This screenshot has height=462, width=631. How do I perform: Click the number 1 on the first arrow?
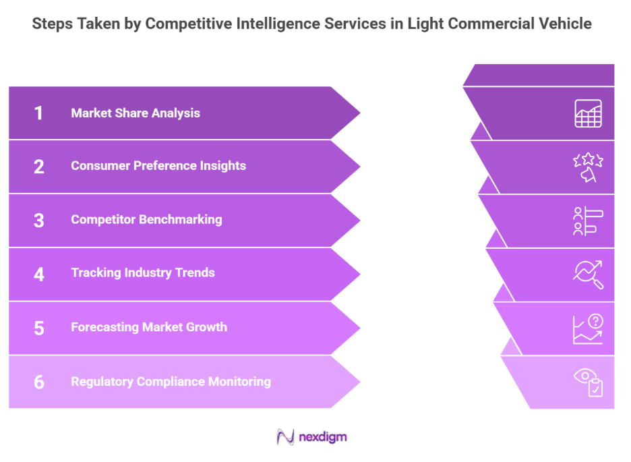[x=38, y=113]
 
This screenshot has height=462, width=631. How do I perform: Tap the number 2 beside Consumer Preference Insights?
[x=38, y=166]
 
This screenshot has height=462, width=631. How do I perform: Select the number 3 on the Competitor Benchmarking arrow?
[x=38, y=220]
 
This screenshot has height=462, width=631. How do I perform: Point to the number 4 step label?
[x=38, y=273]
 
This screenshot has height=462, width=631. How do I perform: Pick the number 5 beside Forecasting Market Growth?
[x=38, y=328]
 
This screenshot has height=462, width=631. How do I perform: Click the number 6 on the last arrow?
[x=38, y=382]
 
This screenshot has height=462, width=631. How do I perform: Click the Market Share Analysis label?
[x=136, y=113]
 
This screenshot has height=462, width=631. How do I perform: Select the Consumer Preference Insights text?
[x=158, y=166]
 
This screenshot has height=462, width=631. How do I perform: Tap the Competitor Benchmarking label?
[x=146, y=220]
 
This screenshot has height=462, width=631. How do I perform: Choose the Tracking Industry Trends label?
[x=143, y=273]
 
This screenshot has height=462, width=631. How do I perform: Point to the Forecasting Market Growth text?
[x=149, y=328]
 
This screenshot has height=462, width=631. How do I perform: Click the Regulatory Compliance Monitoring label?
[x=171, y=382]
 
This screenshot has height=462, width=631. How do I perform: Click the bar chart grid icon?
[x=588, y=113]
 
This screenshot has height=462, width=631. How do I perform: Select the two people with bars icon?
[x=588, y=221]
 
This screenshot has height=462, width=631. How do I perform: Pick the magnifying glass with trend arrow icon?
[x=588, y=275]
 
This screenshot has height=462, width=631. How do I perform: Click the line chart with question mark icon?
[x=588, y=329]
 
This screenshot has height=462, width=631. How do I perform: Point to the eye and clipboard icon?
[x=588, y=382]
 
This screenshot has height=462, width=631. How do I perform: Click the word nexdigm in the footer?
[x=324, y=437]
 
